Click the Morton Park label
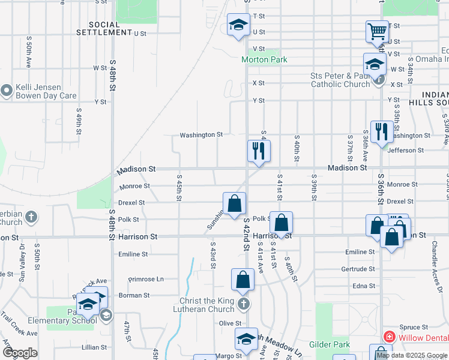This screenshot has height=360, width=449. click(x=264, y=59)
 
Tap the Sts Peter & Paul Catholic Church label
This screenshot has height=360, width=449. click(x=340, y=80)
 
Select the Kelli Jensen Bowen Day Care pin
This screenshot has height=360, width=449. click(x=7, y=91)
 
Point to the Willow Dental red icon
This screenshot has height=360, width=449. click(x=389, y=337)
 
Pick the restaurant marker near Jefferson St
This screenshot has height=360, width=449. click(x=382, y=131)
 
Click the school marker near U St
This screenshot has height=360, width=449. click(x=238, y=26)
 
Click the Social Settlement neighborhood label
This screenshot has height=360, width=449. click(x=100, y=28)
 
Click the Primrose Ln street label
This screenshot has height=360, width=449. click(x=147, y=279)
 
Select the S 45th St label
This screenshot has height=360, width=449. click(x=179, y=188)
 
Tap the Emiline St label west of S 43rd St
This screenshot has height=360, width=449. click(x=133, y=254)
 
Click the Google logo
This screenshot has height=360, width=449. click(x=20, y=353)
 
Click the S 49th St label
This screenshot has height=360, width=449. click(x=78, y=122)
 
